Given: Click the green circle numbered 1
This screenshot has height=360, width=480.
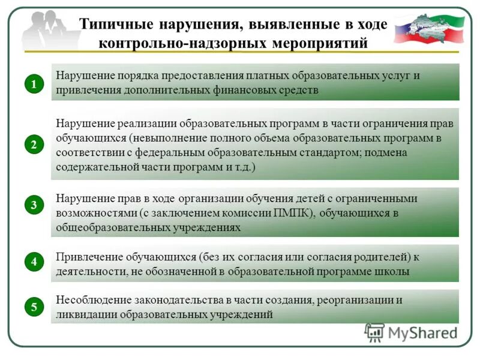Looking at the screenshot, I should click(x=34, y=85).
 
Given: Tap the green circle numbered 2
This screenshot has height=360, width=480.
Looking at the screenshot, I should click(x=34, y=144).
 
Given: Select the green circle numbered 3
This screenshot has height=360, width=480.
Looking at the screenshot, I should click(x=34, y=205).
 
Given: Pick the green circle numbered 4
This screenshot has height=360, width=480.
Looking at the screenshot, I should click(x=34, y=262).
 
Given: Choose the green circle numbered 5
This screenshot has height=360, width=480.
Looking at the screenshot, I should click(x=34, y=307).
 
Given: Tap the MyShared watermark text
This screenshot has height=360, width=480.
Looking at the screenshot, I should click(x=420, y=332).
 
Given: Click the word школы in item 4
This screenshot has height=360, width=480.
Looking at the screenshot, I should click(x=396, y=271).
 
